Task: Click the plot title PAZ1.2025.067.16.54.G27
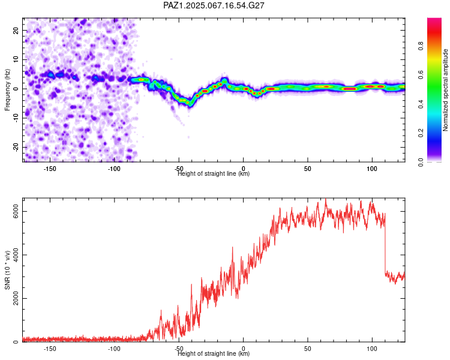click(214, 5)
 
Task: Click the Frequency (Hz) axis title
click(7, 90)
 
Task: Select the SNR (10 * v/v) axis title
click(7, 270)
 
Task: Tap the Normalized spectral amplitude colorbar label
click(445, 90)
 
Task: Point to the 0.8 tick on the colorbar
click(421, 46)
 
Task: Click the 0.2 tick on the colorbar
click(421, 133)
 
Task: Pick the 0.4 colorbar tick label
click(421, 104)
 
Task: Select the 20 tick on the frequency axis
click(16, 30)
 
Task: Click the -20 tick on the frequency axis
click(16, 147)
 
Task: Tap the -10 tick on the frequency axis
click(16, 118)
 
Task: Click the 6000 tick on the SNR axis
click(16, 212)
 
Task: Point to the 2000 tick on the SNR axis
click(16, 299)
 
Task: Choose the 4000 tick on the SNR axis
click(16, 255)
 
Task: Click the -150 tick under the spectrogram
click(50, 169)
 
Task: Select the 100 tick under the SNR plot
click(372, 349)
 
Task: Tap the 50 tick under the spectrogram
click(308, 169)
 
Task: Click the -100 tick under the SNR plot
click(114, 349)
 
